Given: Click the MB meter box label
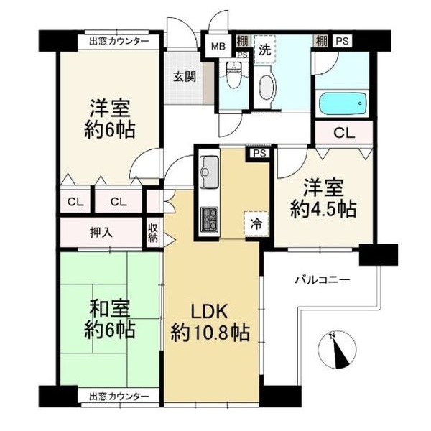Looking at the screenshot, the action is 218,47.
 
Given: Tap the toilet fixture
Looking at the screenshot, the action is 234,75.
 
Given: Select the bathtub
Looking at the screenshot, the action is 343,104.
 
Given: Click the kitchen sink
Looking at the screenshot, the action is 209,172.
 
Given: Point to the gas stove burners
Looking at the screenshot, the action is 210,219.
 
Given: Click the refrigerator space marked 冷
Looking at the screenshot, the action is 256,224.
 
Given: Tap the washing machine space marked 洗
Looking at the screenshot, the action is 265,50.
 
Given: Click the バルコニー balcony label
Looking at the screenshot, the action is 323,280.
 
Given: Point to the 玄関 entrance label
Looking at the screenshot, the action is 185,77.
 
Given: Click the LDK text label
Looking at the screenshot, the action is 210,312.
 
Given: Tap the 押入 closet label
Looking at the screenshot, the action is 101,233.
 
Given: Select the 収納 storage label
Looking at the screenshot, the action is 153,233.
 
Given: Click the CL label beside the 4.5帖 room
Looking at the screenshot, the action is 344,134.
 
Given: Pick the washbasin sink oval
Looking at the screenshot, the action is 266,88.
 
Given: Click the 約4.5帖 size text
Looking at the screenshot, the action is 323,210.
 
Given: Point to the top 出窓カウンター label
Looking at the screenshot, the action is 119,42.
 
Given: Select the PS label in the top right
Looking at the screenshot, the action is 343,41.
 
